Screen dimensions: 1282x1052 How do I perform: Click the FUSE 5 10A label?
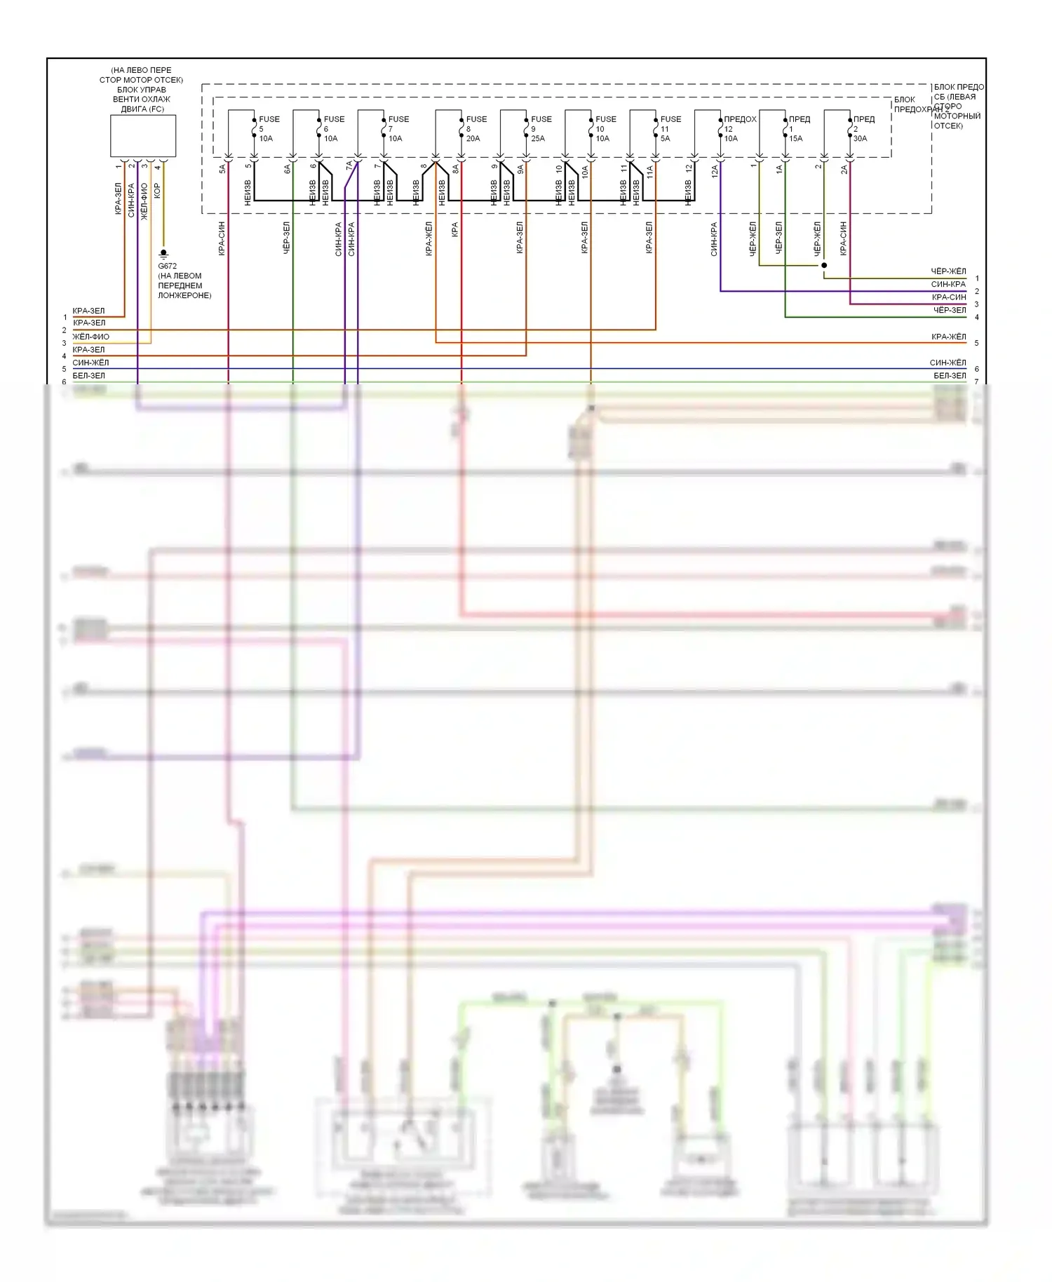(x=268, y=129)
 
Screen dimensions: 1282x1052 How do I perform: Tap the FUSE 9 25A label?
(x=540, y=129)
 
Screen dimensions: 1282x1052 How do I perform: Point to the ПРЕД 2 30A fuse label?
(x=863, y=129)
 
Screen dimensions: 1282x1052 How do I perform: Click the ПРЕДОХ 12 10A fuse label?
(x=739, y=129)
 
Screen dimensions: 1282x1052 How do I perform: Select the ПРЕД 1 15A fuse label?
(x=798, y=129)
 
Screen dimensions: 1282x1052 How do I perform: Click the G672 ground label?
(x=167, y=266)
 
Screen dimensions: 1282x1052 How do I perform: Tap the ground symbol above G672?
(x=163, y=252)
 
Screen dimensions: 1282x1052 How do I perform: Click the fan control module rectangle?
(x=142, y=136)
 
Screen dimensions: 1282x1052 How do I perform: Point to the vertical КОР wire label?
(x=157, y=191)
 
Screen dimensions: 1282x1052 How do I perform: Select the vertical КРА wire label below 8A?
(x=455, y=229)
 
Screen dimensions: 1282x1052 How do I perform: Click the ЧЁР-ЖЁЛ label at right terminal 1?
(x=948, y=271)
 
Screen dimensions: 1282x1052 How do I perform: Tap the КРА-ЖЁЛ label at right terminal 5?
(x=948, y=337)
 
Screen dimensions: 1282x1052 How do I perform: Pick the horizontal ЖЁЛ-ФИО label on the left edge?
(x=90, y=337)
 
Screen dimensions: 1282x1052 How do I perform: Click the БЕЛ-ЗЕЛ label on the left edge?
(x=88, y=376)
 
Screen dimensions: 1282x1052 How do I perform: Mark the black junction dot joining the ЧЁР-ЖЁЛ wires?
(x=824, y=265)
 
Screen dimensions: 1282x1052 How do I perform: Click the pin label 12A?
(x=715, y=170)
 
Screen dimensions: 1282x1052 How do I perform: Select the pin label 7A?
(x=349, y=167)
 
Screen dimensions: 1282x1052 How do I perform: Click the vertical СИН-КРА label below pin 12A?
(x=714, y=239)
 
